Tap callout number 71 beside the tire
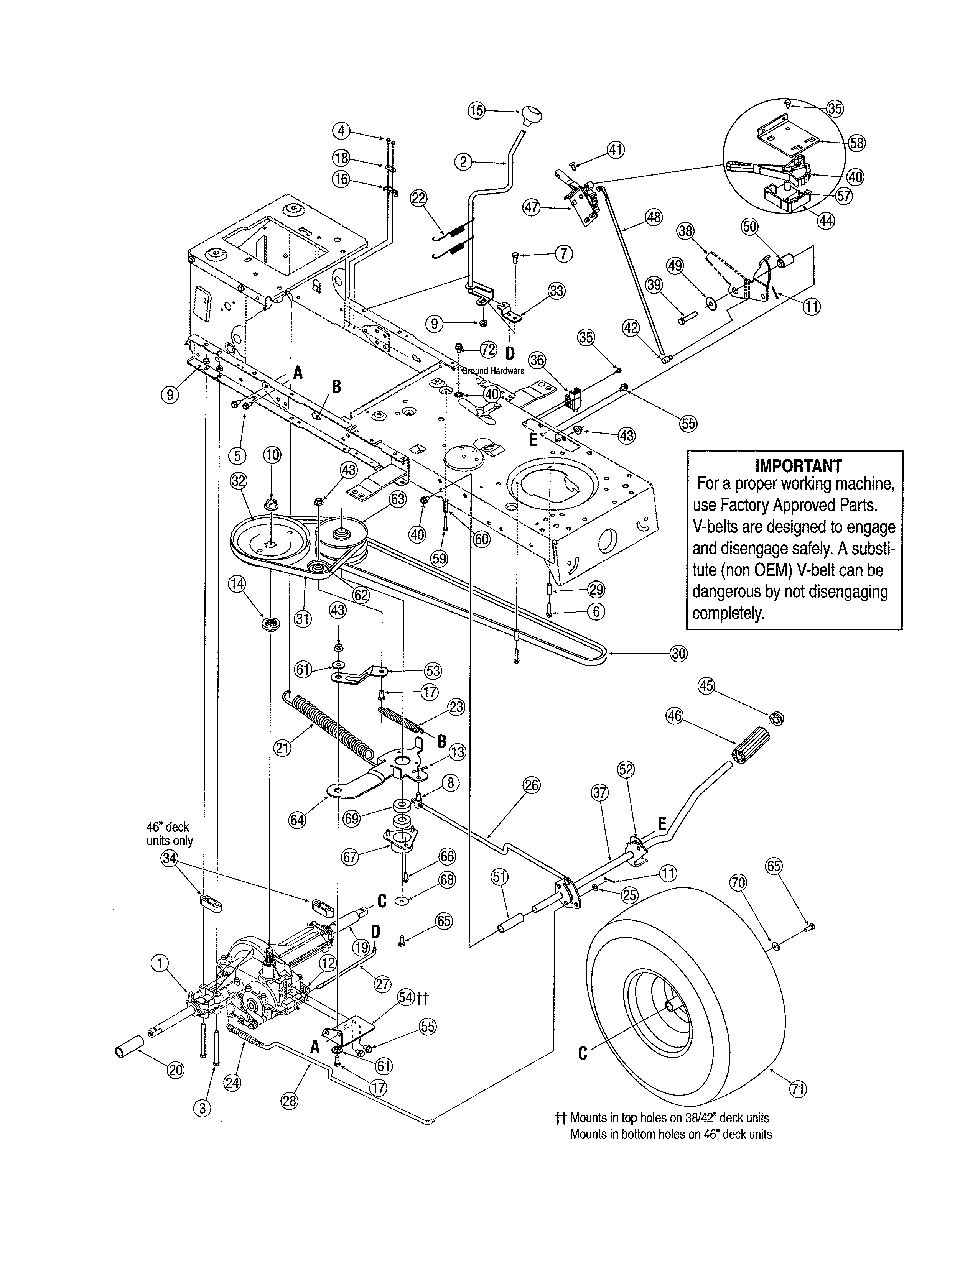[x=799, y=1089]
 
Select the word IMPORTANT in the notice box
[x=799, y=466]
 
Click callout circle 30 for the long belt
[x=678, y=653]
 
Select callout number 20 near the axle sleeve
[x=176, y=1070]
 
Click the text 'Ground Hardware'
[x=493, y=371]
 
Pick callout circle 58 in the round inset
[x=856, y=143]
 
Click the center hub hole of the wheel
[x=670, y=1007]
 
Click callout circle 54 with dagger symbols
[x=407, y=997]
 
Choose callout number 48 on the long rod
[x=654, y=218]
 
